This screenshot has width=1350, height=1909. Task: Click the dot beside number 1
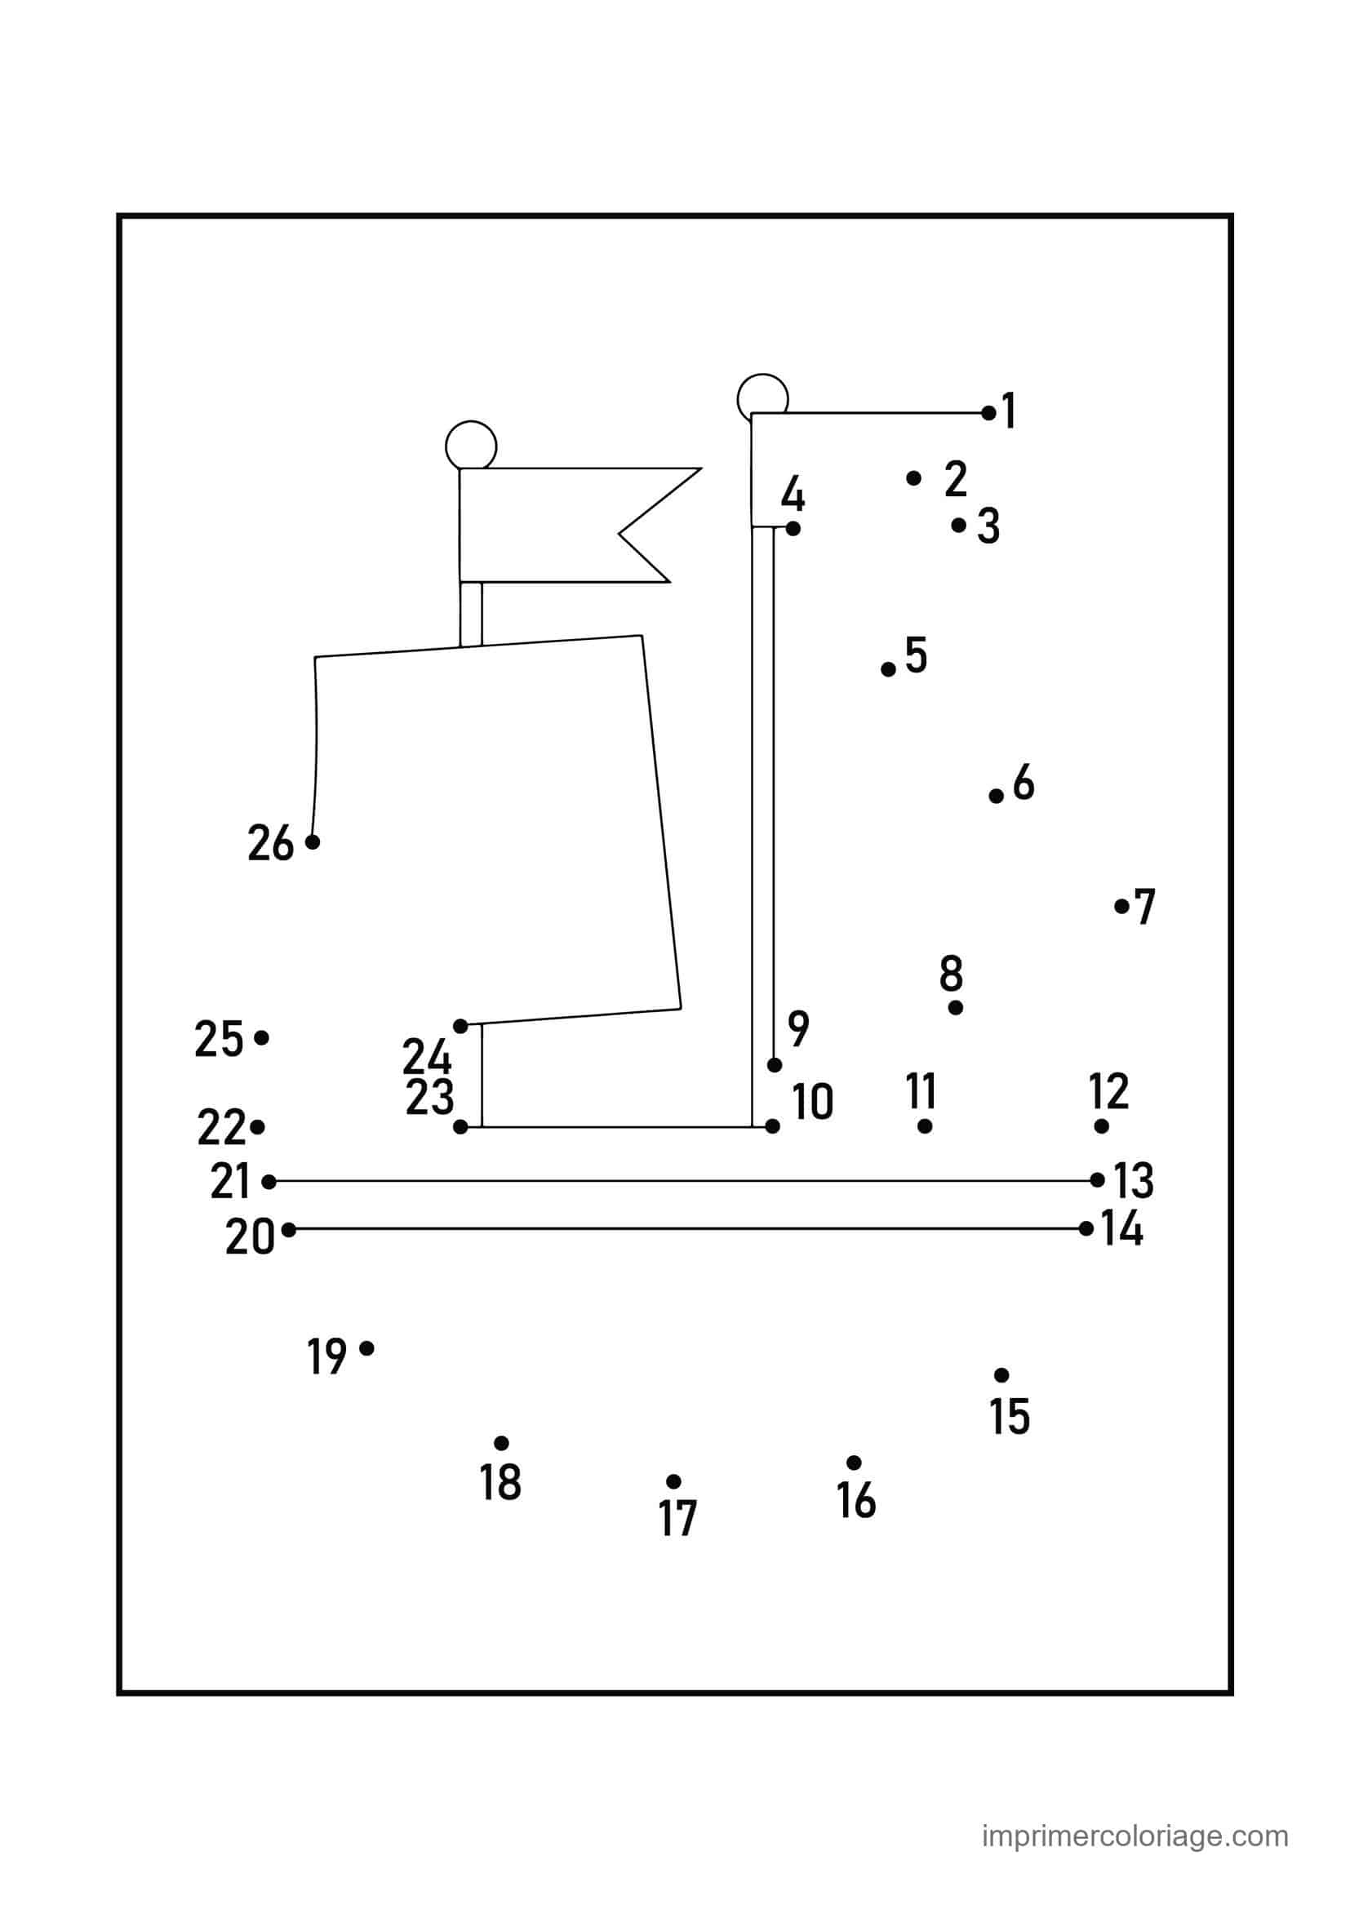pos(988,412)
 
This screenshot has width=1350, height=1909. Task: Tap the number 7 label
pos(1145,906)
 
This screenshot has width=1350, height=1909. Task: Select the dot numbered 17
pos(673,1481)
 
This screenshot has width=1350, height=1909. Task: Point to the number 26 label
pos(271,843)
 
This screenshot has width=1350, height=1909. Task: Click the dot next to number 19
pos(366,1347)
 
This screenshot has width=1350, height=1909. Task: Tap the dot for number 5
pos(888,668)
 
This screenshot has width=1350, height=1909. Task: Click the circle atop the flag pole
pos(470,445)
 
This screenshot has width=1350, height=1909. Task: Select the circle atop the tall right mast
pos(762,397)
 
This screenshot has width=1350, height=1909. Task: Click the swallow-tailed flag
pos(566,525)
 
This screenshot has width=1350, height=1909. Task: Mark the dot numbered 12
pos(1101,1125)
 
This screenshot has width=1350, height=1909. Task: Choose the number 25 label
pos(219,1039)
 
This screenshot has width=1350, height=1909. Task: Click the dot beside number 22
pos(257,1127)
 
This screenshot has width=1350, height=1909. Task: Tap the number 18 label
pos(500,1481)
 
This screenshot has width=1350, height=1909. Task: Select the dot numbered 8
pos(955,1008)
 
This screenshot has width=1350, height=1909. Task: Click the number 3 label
pos(988,526)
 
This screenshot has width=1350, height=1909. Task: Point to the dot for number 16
pos(854,1463)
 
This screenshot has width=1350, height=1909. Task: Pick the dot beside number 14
pos(1086,1228)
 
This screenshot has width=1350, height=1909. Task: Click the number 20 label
pos(250,1237)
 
